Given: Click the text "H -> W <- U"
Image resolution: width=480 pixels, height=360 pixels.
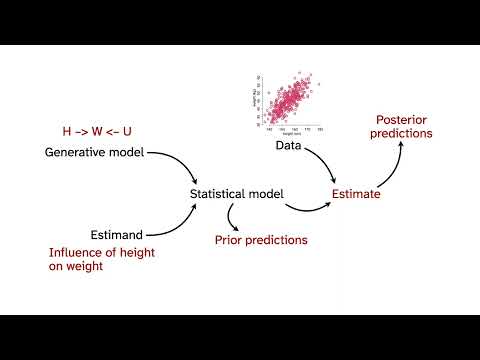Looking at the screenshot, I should (97, 131).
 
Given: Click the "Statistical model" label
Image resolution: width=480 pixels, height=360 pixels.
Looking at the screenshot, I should (236, 193).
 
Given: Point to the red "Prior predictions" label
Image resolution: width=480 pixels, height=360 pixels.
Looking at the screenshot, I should (261, 240).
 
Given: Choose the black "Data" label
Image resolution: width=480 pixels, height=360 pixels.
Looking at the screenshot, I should (288, 146).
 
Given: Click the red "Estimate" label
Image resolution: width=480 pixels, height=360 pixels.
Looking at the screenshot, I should (356, 194).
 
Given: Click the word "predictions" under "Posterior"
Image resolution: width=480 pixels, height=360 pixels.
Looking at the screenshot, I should (399, 132).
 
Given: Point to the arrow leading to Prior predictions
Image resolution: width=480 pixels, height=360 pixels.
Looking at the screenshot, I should (233, 216).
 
